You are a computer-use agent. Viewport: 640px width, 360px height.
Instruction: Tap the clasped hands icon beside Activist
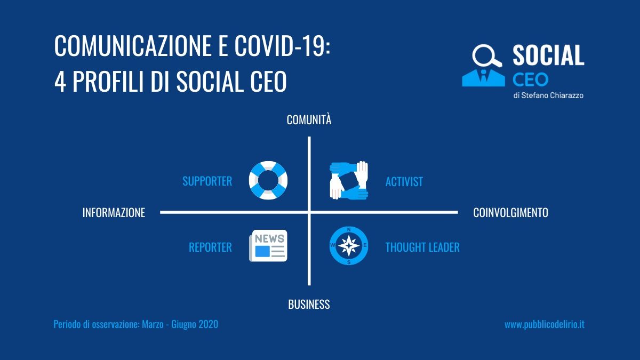click(349, 180)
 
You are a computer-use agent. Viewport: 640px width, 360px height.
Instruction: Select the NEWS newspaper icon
click(268, 246)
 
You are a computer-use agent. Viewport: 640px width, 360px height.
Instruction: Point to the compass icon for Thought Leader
click(349, 246)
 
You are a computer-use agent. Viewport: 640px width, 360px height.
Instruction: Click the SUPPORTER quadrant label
click(207, 181)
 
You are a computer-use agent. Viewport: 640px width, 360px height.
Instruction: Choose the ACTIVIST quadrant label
click(404, 182)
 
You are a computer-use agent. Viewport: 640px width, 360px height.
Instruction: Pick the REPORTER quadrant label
click(210, 247)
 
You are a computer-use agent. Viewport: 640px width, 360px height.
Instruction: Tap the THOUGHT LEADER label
click(422, 247)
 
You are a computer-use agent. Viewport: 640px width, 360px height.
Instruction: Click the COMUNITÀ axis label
click(309, 119)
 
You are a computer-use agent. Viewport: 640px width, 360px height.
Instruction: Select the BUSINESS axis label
click(309, 305)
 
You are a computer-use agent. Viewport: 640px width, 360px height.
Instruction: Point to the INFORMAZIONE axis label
click(114, 213)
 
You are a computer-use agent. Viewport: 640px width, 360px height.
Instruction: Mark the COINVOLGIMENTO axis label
click(510, 213)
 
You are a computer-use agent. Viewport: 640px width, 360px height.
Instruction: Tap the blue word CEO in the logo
click(530, 79)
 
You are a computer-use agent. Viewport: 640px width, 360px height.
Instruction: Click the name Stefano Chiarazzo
click(552, 95)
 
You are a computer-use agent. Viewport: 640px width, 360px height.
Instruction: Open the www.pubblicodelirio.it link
click(545, 325)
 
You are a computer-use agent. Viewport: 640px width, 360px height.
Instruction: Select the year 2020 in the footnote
click(209, 324)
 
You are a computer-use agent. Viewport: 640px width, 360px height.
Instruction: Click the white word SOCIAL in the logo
click(548, 55)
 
